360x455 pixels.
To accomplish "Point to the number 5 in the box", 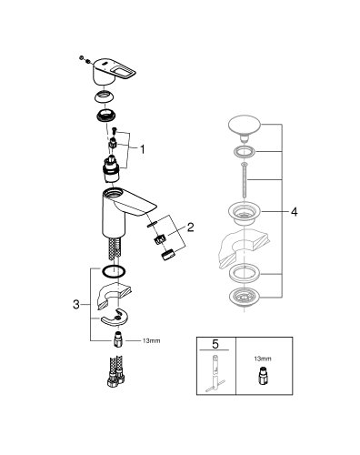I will [x=216, y=345].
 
